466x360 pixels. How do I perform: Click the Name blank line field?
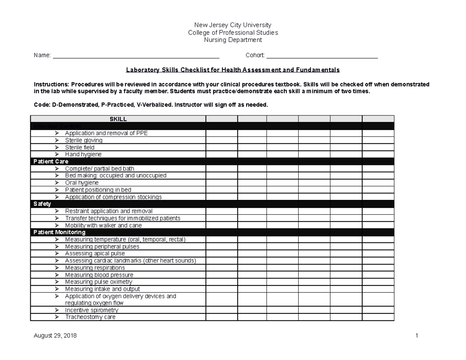pos(136,56)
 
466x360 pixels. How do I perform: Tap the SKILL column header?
pos(118,119)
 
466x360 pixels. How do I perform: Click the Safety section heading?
pos(42,204)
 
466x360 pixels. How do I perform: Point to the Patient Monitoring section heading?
pos(59,232)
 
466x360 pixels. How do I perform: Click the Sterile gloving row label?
pos(83,140)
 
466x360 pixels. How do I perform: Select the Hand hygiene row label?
pos(83,155)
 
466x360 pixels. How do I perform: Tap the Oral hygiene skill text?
pos(82,183)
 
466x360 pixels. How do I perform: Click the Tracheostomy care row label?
pos(90,317)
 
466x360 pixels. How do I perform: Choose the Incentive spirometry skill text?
pos(91,310)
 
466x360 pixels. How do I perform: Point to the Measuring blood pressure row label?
pos(99,275)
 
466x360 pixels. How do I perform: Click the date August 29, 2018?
pos(55,336)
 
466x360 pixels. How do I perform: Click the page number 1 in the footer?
pos(416,336)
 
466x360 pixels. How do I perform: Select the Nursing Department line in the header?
pos(233,40)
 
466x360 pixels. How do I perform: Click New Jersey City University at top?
pos(233,25)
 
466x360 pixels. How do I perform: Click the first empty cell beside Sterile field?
pos(221,148)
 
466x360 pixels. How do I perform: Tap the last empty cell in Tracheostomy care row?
pos(378,317)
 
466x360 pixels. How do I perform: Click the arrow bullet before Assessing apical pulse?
pos(57,254)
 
